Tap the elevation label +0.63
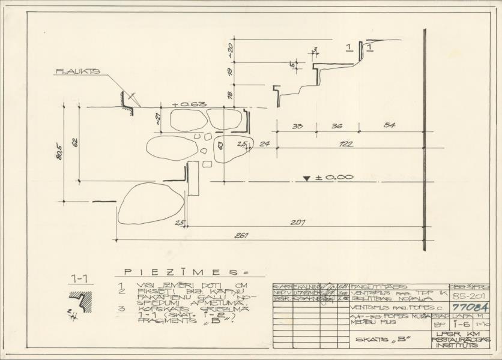point(185,104)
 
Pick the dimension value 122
point(345,143)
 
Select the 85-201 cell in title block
point(469,296)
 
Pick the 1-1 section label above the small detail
point(79,278)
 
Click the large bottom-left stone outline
point(151,203)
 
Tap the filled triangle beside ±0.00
point(307,178)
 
